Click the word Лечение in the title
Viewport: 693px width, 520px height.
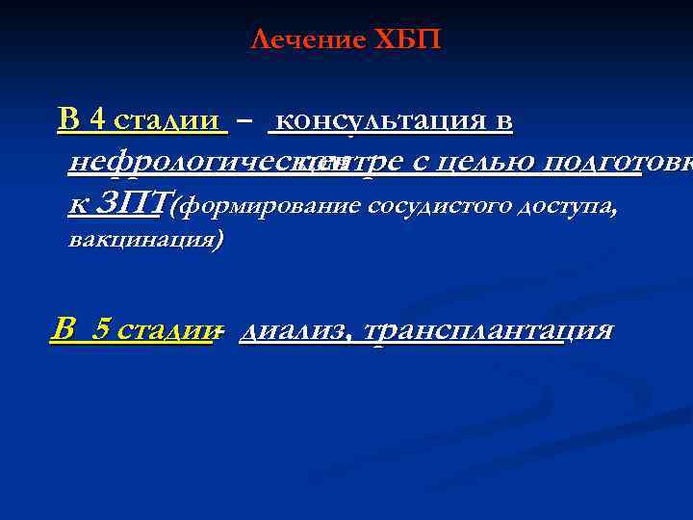click(307, 40)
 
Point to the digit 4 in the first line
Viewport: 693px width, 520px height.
click(96, 120)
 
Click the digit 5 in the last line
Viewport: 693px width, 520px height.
click(101, 329)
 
